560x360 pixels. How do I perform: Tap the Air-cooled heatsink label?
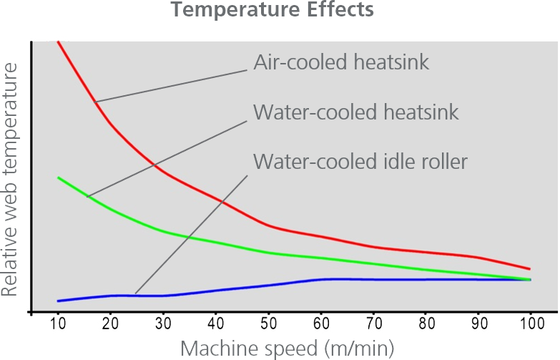341,62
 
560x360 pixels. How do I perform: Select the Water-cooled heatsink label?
355,112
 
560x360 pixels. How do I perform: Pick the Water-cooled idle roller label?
360,161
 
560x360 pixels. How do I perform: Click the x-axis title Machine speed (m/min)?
287,349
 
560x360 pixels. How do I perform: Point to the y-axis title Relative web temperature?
9,179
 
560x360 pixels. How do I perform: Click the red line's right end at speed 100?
530,269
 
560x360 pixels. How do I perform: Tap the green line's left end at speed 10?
58,177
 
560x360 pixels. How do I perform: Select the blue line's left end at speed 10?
58,301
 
